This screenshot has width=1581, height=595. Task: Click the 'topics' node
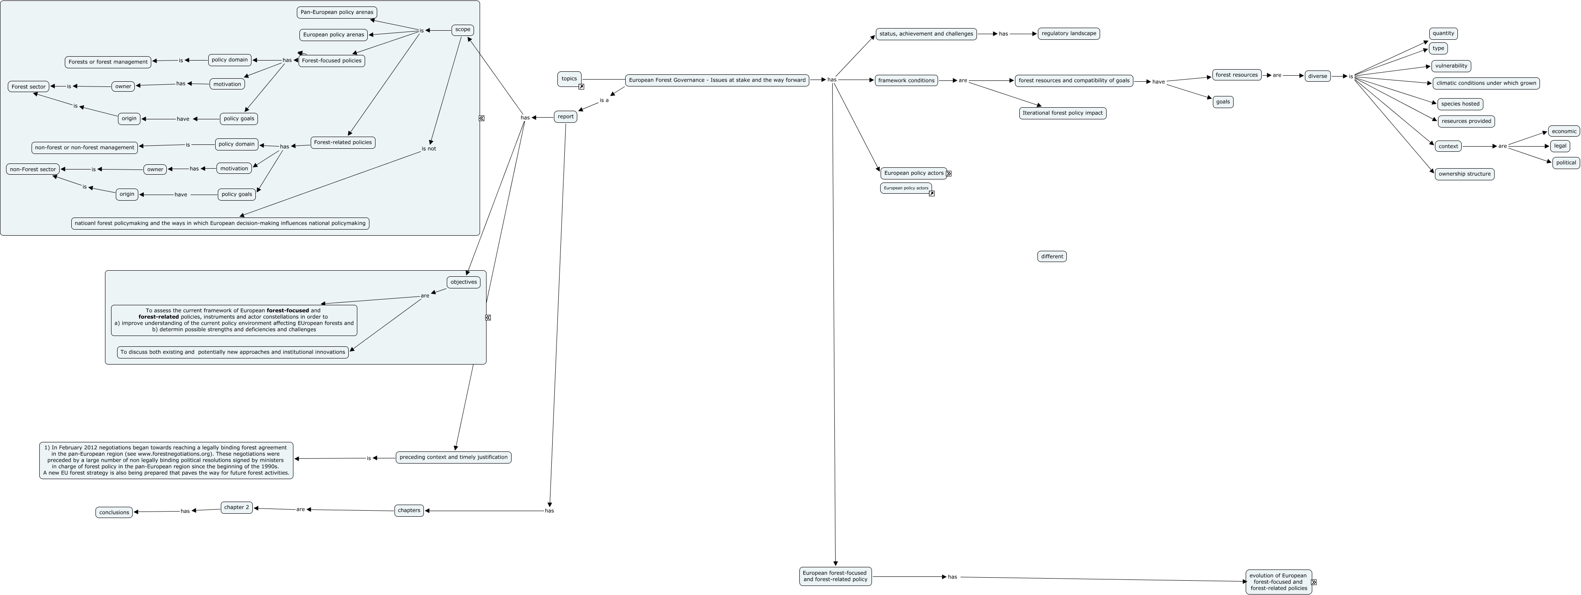[569, 79]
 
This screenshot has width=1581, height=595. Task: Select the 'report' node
[565, 117]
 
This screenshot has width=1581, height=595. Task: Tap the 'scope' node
[462, 29]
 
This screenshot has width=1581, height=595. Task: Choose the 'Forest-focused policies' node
[331, 61]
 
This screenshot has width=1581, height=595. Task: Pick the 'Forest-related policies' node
[343, 142]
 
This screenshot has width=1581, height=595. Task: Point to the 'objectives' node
[463, 282]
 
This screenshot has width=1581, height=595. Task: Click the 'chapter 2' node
[236, 508]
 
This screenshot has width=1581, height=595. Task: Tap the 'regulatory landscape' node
[1069, 34]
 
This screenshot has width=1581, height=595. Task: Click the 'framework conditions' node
[906, 80]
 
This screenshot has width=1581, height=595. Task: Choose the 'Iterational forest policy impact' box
[1062, 113]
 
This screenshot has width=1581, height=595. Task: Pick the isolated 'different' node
[1051, 257]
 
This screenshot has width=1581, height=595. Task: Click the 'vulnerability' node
[1451, 66]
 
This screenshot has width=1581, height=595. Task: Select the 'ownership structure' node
[1464, 174]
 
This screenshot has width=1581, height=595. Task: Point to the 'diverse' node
[1317, 76]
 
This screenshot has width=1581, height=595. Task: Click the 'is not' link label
[428, 149]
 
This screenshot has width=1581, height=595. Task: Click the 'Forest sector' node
[28, 86]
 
